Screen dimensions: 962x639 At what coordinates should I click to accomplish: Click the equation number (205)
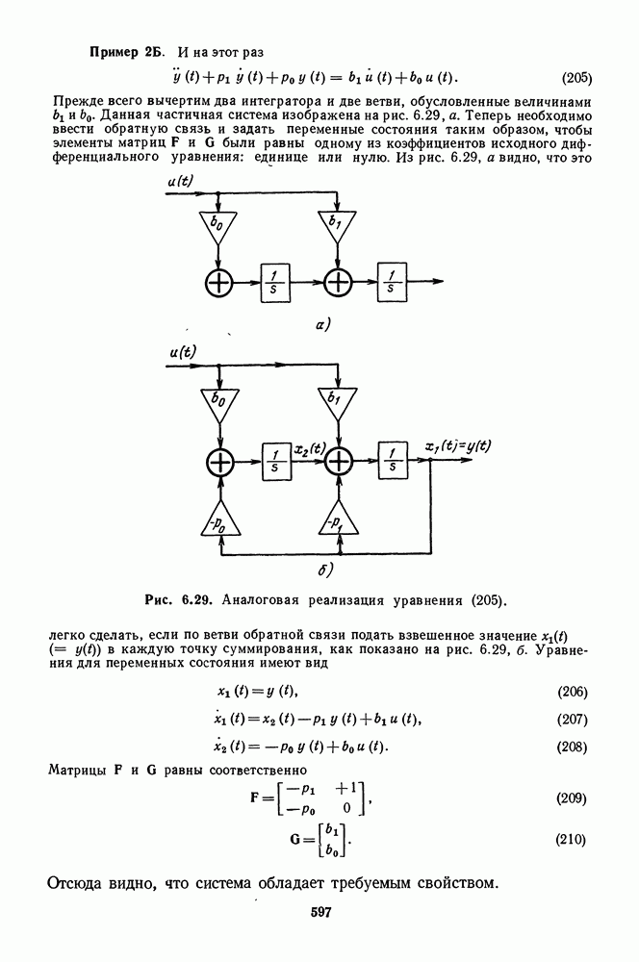tap(577, 77)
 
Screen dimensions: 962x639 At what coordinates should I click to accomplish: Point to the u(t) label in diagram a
tap(183, 182)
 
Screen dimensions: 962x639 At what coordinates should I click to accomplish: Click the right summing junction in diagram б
tap(339, 464)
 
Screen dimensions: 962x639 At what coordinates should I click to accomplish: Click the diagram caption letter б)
tap(324, 570)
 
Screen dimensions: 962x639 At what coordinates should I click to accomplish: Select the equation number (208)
tap(577, 747)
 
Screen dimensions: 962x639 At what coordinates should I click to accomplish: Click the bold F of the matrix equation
tap(255, 799)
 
